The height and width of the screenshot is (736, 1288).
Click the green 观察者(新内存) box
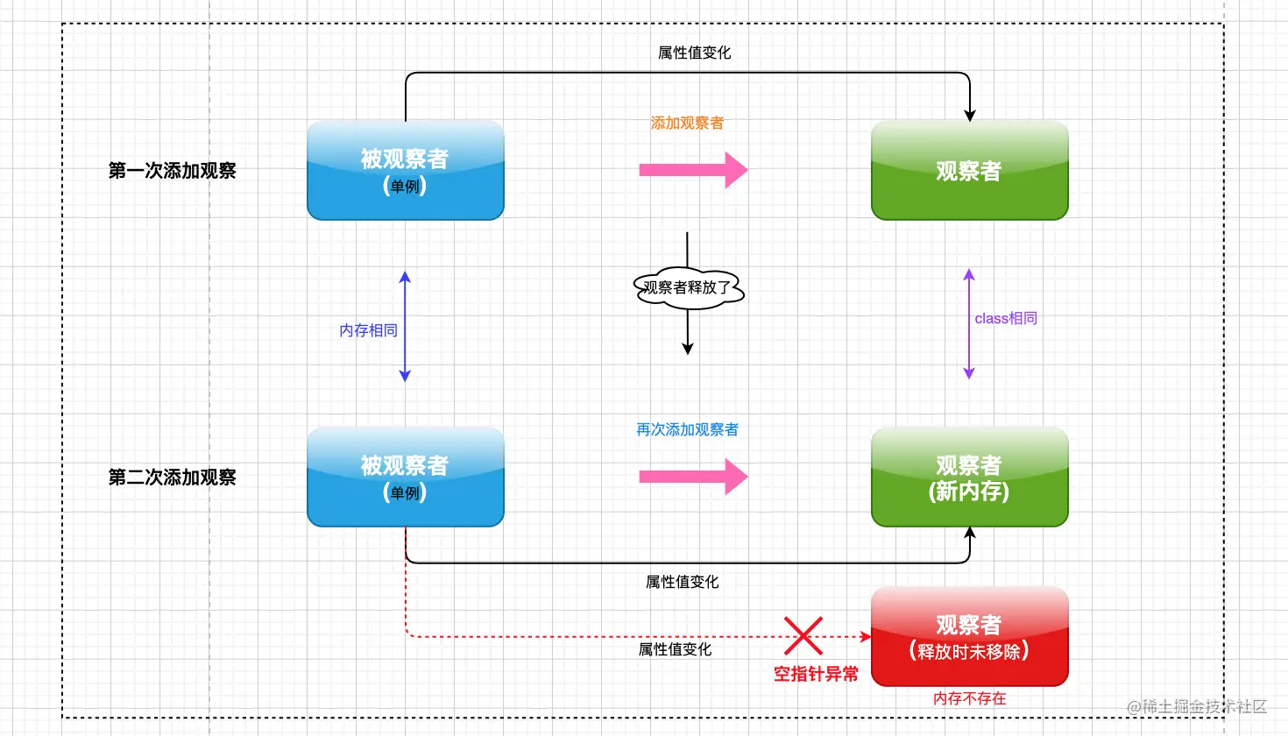(969, 478)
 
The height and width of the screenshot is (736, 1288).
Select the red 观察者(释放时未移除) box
(969, 637)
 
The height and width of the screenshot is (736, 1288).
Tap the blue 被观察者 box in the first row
(405, 171)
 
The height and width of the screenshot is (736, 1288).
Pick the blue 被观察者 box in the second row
(405, 478)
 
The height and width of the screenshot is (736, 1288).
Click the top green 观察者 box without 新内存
(969, 171)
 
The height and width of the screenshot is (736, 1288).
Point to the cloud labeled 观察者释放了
(688, 287)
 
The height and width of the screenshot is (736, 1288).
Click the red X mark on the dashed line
(803, 636)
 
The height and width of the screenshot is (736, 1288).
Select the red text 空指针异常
(816, 674)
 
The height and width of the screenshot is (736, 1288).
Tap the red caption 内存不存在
(969, 698)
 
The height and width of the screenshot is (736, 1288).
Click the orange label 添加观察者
(687, 124)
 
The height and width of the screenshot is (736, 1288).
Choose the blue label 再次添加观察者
(687, 429)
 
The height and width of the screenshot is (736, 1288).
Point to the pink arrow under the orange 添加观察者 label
(692, 170)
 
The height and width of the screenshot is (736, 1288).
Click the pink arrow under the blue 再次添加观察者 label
(692, 477)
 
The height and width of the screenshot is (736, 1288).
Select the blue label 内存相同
(368, 330)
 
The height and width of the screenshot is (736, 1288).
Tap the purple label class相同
(1006, 318)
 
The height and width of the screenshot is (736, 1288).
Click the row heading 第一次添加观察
(172, 171)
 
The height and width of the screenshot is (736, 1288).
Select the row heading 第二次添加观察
(172, 478)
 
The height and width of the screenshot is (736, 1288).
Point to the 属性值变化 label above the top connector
(694, 53)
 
